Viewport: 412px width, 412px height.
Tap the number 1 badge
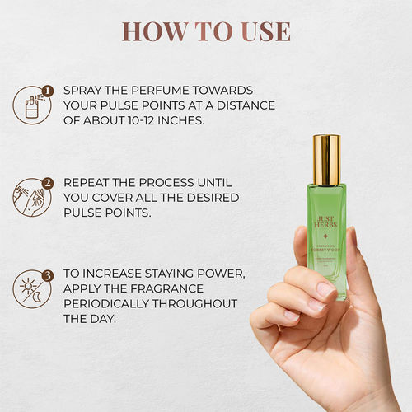(x=48, y=91)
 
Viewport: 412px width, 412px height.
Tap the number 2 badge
(x=48, y=183)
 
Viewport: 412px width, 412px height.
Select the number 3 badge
(x=48, y=276)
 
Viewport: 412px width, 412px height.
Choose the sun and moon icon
(x=30, y=291)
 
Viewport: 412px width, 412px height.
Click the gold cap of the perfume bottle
(x=327, y=159)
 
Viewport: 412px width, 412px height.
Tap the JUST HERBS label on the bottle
(x=328, y=222)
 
